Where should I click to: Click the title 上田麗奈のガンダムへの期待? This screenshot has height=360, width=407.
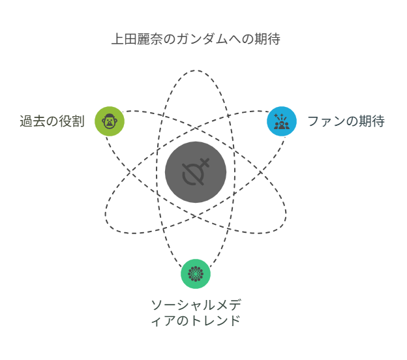[196, 39]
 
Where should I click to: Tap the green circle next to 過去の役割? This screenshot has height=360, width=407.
[110, 121]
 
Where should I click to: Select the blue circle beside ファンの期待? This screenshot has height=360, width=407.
[282, 121]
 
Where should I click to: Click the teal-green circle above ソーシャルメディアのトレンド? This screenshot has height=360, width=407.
[196, 274]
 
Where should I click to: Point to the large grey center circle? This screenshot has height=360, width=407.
[196, 172]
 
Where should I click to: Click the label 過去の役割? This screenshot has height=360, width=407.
[52, 121]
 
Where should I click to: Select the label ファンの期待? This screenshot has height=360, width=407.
[346, 121]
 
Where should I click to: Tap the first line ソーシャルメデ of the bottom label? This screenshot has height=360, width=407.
[196, 305]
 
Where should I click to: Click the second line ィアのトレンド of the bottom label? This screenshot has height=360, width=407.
[196, 321]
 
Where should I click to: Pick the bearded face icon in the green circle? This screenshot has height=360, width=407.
[110, 121]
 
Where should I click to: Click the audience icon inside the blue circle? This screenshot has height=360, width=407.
[282, 121]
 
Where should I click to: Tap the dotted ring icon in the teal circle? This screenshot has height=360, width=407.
[196, 274]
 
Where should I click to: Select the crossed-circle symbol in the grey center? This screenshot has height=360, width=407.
[196, 172]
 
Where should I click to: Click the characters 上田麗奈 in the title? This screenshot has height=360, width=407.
[137, 39]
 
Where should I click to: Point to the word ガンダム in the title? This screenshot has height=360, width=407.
[203, 39]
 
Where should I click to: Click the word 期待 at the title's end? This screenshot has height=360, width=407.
[267, 39]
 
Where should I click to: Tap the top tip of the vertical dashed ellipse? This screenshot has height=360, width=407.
[195, 70]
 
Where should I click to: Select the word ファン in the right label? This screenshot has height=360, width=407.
[326, 121]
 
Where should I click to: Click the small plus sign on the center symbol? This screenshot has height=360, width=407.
[205, 162]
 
